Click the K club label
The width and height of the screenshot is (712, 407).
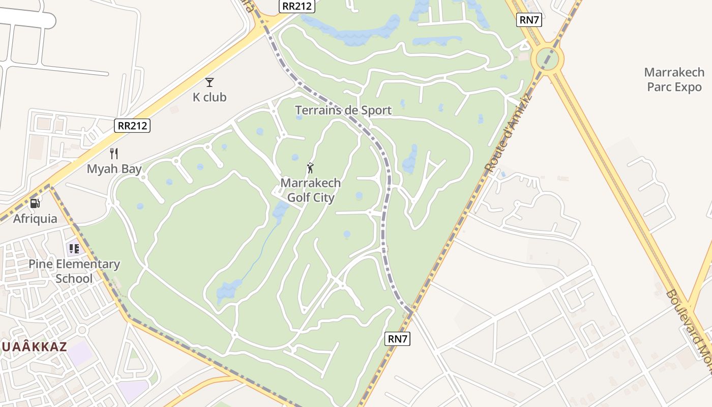210,97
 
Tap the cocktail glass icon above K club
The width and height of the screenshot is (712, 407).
210,82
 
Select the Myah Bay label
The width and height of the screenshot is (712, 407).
114,169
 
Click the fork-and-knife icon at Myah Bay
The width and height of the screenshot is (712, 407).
114,154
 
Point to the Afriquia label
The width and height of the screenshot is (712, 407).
35,219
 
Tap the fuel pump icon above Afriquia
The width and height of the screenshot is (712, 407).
35,203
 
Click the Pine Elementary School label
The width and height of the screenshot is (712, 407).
74,271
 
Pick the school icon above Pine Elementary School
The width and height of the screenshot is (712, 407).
74,249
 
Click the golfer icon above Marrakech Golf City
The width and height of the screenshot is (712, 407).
310,167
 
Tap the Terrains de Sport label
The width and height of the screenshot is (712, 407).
343,110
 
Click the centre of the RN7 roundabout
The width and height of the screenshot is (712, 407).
547,59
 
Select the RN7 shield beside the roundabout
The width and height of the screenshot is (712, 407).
529,20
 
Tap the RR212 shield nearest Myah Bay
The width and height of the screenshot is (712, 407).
132,125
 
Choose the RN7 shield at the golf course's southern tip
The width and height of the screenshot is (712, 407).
397,339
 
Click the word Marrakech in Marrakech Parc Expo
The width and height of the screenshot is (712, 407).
674,72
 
